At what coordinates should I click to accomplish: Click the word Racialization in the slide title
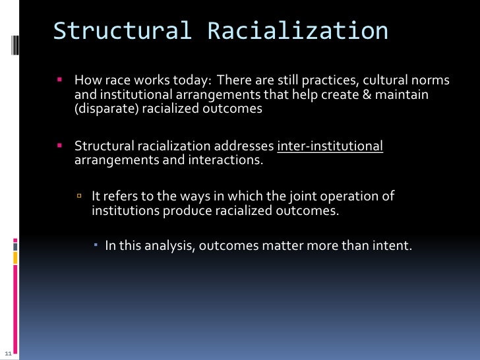297,30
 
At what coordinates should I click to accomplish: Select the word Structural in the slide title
123,30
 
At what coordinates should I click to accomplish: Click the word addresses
248,146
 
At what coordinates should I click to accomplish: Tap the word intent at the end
393,247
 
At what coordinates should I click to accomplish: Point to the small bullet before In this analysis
96,246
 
